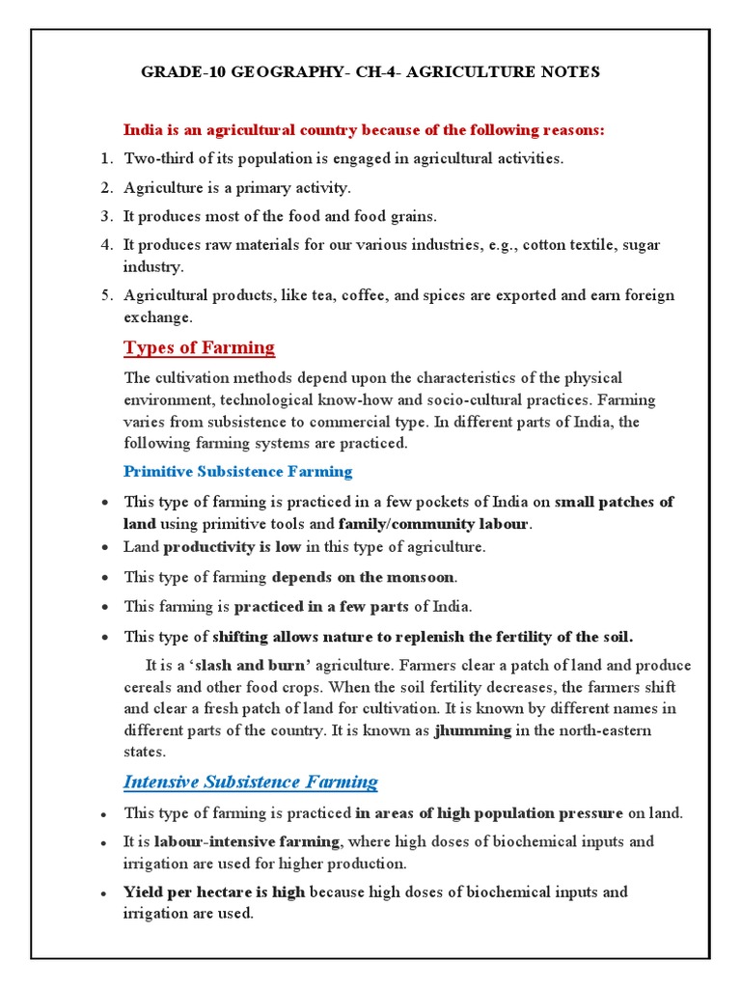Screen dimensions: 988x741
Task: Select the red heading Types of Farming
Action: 199,347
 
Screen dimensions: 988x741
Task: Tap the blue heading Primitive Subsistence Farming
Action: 238,472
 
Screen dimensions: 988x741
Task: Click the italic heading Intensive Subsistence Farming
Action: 250,782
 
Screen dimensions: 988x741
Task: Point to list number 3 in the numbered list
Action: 107,216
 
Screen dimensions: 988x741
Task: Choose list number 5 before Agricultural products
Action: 107,295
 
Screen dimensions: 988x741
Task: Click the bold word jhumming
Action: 473,730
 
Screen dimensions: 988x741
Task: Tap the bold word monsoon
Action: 421,577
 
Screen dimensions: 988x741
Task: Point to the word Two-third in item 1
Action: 156,158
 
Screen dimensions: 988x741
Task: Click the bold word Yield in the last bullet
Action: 143,892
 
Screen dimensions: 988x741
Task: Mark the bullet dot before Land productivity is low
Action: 104,548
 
